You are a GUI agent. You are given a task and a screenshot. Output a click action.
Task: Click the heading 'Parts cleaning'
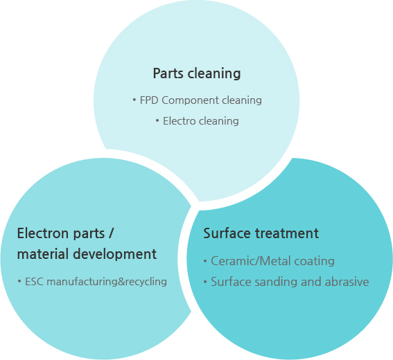pyautogui.click(x=197, y=73)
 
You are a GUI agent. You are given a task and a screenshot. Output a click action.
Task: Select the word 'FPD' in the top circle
pyautogui.click(x=149, y=100)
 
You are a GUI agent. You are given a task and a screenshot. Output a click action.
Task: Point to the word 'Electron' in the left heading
pyautogui.click(x=44, y=233)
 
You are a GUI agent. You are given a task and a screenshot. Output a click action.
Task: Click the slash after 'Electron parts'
pyautogui.click(x=112, y=233)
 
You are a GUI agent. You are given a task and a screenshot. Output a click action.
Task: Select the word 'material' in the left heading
pyautogui.click(x=43, y=254)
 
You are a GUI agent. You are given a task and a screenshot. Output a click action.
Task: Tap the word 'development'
pyautogui.click(x=115, y=254)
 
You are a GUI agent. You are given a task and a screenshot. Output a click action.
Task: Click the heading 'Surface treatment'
pyautogui.click(x=261, y=233)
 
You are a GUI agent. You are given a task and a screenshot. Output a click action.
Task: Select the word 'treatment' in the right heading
pyautogui.click(x=287, y=233)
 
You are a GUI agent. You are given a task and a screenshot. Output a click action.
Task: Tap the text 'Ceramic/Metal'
pyautogui.click(x=251, y=261)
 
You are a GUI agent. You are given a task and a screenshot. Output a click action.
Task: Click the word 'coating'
pyautogui.click(x=314, y=262)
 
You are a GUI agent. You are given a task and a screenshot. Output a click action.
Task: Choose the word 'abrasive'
pyautogui.click(x=347, y=282)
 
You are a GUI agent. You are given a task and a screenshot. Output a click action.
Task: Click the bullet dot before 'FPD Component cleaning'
pyautogui.click(x=134, y=100)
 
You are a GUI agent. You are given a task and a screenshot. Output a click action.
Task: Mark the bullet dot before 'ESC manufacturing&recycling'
pyautogui.click(x=19, y=281)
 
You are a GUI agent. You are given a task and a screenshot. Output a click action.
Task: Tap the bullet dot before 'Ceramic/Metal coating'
pyautogui.click(x=206, y=261)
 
